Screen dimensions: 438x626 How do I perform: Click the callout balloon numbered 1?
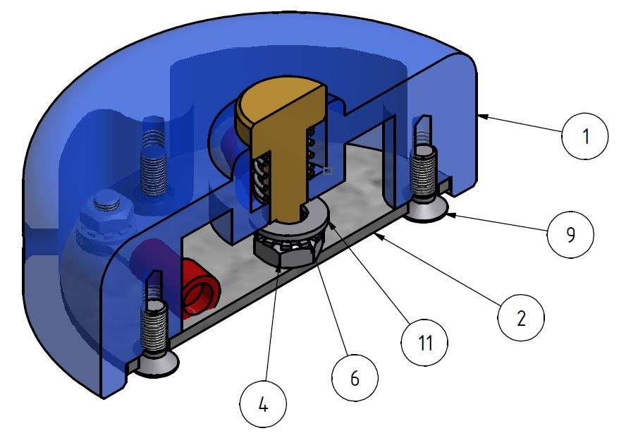pyautogui.click(x=584, y=136)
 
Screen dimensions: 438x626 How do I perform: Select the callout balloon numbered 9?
pyautogui.click(x=570, y=233)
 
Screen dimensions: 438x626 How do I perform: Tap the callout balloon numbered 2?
pyautogui.click(x=521, y=319)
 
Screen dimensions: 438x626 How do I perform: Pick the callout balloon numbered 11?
pyautogui.click(x=424, y=343)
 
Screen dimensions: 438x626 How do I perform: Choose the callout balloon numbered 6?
pyautogui.click(x=355, y=378)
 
